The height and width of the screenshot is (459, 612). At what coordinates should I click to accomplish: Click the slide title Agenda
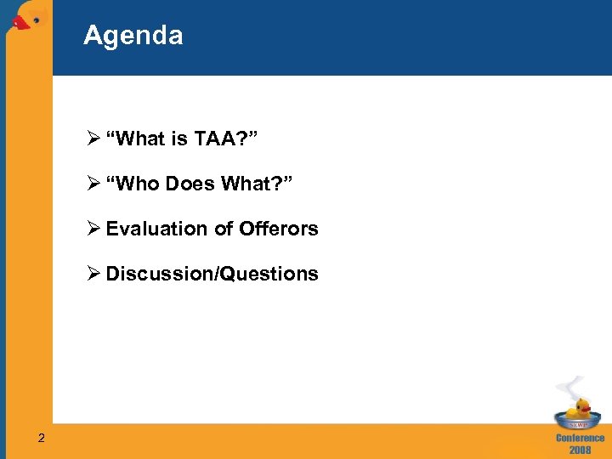[133, 36]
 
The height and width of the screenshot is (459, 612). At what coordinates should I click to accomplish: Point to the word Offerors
[279, 229]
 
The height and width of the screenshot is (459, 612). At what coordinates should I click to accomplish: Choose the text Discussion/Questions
[212, 274]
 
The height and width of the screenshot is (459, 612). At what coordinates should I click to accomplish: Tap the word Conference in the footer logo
[581, 438]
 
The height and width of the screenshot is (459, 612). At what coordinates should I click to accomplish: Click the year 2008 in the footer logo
[581, 450]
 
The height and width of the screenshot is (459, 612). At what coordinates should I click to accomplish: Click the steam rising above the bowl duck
[575, 386]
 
